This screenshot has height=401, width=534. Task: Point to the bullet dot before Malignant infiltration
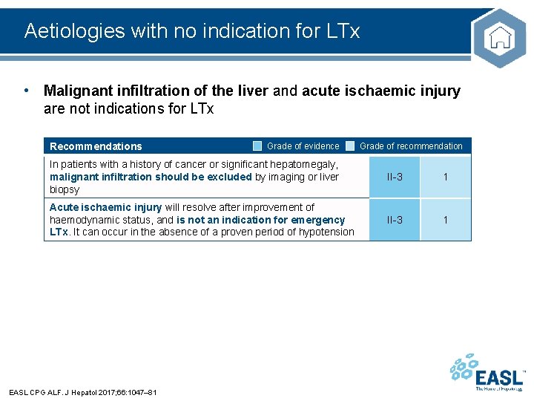pyautogui.click(x=27, y=91)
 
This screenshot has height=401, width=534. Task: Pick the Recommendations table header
pyautogui.click(x=96, y=146)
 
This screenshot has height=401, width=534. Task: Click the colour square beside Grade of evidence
pyautogui.click(x=257, y=146)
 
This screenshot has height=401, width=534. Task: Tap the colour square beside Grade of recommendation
pyautogui.click(x=350, y=146)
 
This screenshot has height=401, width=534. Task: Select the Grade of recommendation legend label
pyautogui.click(x=411, y=146)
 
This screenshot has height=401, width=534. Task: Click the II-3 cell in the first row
pyautogui.click(x=395, y=177)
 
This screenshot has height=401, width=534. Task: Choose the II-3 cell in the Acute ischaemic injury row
pyautogui.click(x=395, y=220)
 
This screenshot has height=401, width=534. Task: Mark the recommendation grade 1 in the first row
pyautogui.click(x=446, y=177)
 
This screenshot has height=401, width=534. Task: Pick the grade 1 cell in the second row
pyautogui.click(x=446, y=220)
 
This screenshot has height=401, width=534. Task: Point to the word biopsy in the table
pyautogui.click(x=65, y=189)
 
